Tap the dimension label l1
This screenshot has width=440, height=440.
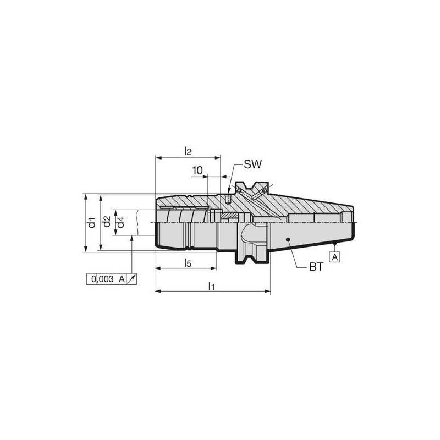211,285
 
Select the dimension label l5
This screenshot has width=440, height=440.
187,263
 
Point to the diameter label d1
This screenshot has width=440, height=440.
92,223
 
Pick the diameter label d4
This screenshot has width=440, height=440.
120,222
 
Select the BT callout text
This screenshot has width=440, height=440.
316,268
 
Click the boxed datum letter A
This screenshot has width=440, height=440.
334,256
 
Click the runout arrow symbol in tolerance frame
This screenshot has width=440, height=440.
131,279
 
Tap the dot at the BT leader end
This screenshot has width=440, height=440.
288,240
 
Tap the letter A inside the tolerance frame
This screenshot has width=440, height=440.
122,279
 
